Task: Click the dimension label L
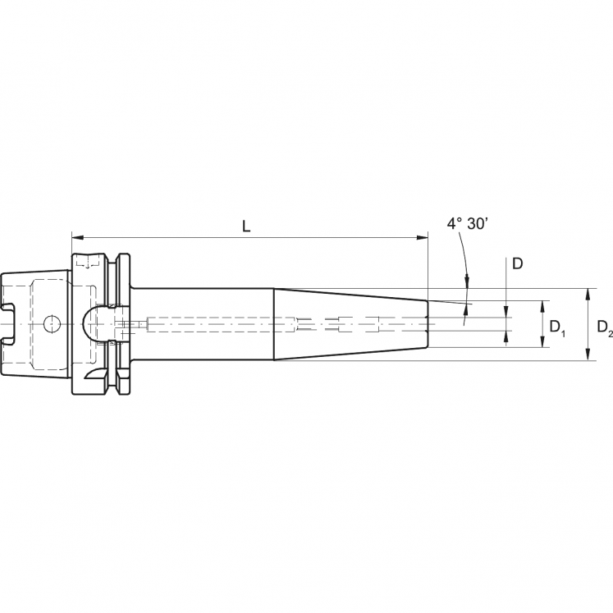(247, 226)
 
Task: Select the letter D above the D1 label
(518, 263)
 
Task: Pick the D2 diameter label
(605, 327)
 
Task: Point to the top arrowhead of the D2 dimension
(588, 293)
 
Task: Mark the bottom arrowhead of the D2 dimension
(588, 355)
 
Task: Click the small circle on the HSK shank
(51, 323)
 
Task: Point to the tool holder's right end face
(428, 324)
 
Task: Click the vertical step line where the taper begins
(273, 324)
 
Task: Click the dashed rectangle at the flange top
(85, 264)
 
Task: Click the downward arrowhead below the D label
(506, 313)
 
